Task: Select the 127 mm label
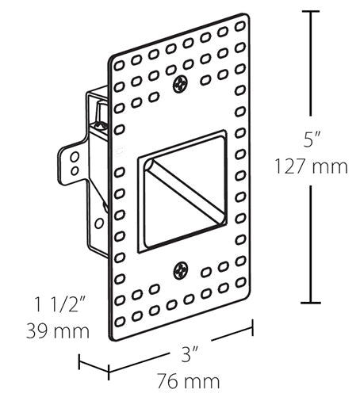click(x=310, y=167)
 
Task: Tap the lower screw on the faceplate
click(x=182, y=269)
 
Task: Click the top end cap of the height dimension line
click(x=310, y=11)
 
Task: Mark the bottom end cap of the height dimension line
click(x=310, y=303)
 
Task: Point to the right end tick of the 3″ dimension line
click(x=253, y=326)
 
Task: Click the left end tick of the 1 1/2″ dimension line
click(x=80, y=364)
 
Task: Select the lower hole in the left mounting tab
click(x=73, y=170)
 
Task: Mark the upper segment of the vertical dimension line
click(x=310, y=71)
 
